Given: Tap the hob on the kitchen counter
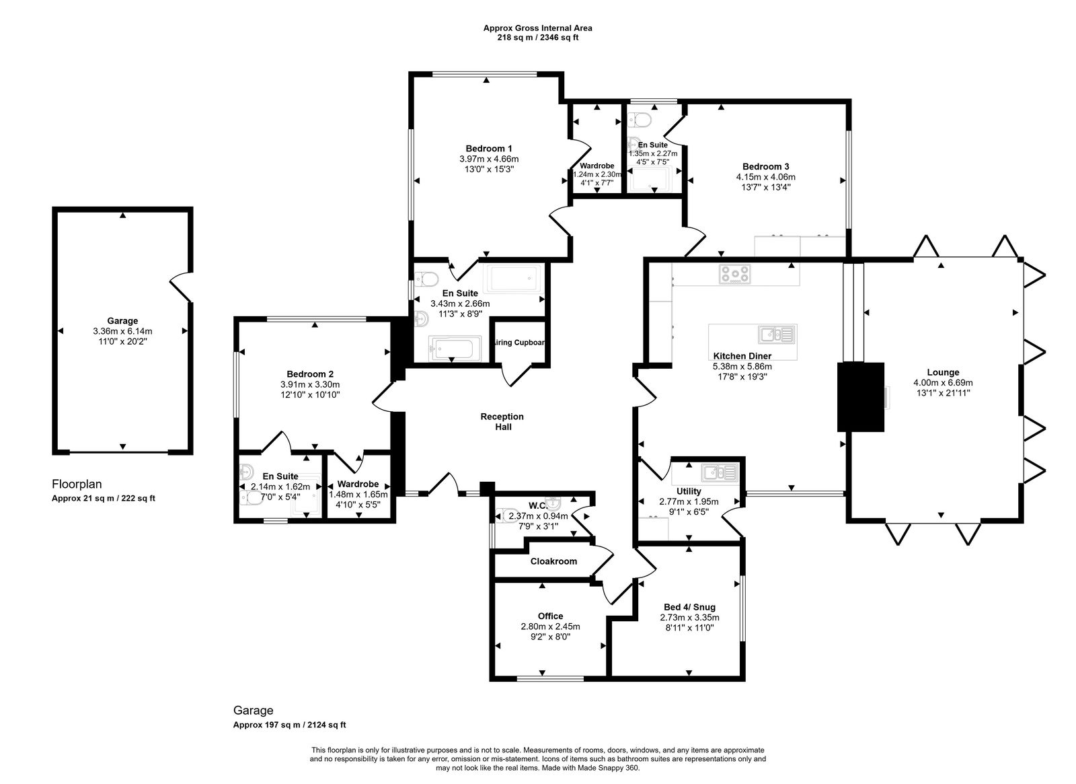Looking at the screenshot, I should (734, 274).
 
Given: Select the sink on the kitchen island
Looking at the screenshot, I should (777, 334).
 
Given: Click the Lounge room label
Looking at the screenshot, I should (943, 372).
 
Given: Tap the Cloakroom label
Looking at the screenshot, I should (553, 561).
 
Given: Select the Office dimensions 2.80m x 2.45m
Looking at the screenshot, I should (550, 627).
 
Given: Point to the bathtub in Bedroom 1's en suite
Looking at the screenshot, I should (514, 278).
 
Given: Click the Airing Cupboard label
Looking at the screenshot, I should (520, 343).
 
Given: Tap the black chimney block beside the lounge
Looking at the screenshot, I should (860, 397).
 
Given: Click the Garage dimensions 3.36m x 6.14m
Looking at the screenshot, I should (122, 331).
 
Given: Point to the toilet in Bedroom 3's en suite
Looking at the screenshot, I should (642, 121).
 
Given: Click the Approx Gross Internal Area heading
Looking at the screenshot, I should (537, 28).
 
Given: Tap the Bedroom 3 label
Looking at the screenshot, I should (765, 167).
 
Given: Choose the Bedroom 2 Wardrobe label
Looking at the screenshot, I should (357, 484).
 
